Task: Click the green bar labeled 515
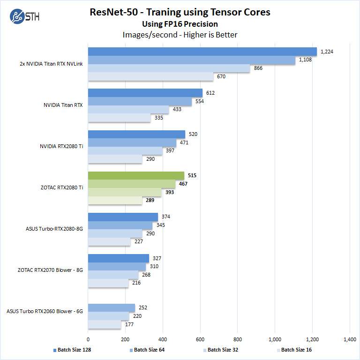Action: pyautogui.click(x=136, y=176)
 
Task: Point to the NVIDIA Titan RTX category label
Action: pyautogui.click(x=63, y=105)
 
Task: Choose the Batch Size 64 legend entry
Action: pyautogui.click(x=147, y=350)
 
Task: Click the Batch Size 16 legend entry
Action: pyautogui.click(x=295, y=350)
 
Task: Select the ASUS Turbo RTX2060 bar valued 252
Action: pyautogui.click(x=112, y=307)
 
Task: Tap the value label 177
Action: pyautogui.click(x=129, y=324)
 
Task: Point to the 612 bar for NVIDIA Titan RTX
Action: pyautogui.click(x=145, y=93)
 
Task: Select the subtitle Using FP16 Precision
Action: pyautogui.click(x=180, y=24)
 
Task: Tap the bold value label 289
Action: pyautogui.click(x=150, y=201)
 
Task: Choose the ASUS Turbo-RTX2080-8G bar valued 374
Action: pyautogui.click(x=123, y=217)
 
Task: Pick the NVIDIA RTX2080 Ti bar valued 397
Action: pyautogui.click(x=125, y=151)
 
